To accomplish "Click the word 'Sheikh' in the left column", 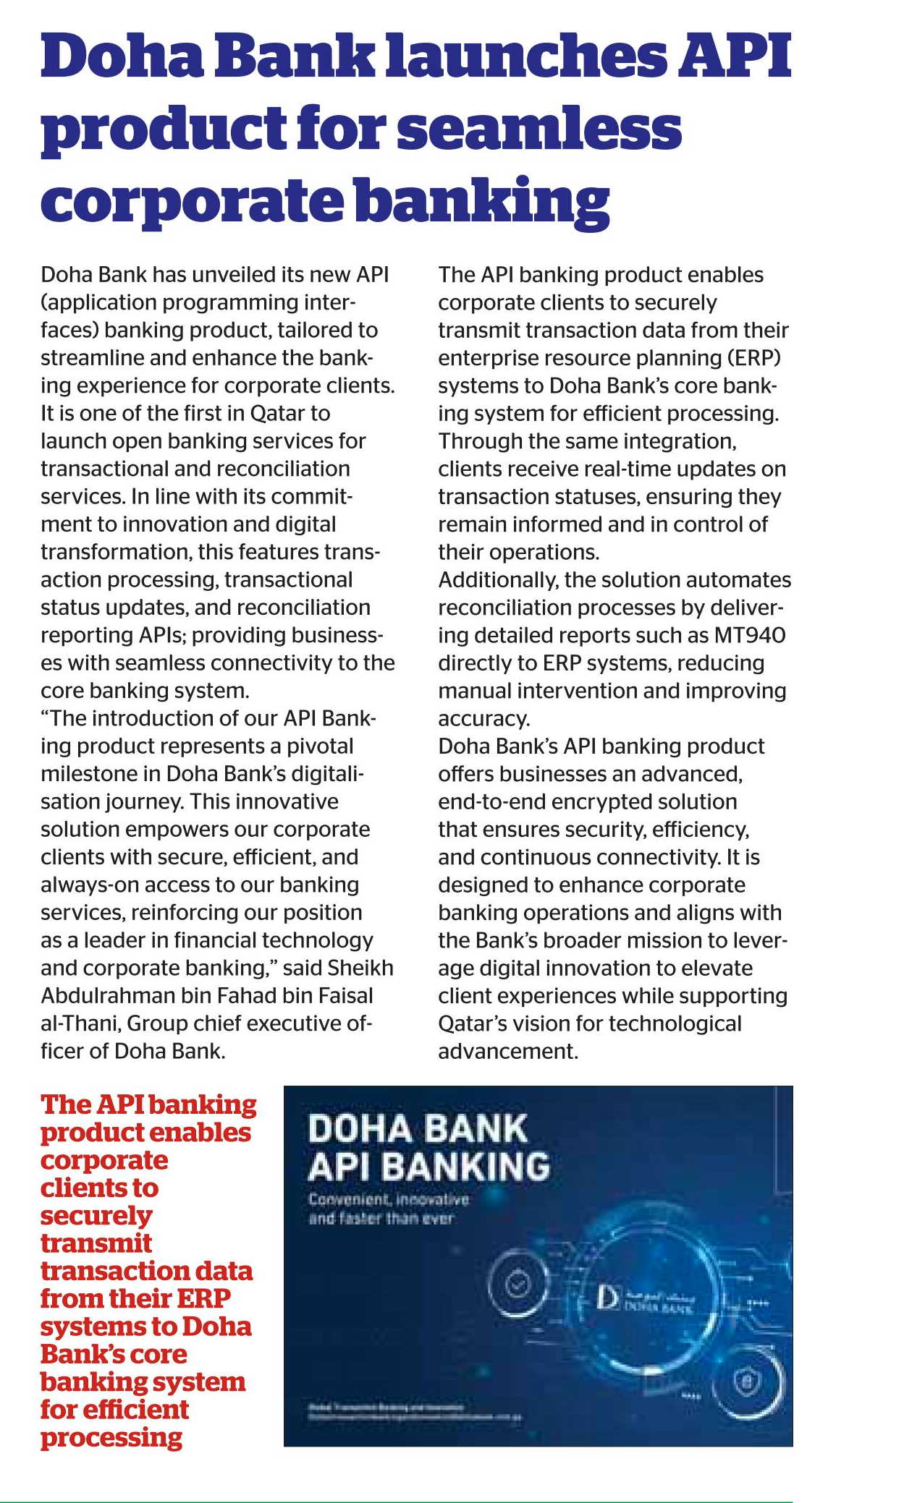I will pos(360,968).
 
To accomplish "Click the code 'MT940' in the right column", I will pos(749,636).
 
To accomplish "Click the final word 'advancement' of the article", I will pos(506,1052).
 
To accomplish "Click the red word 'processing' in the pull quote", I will pos(111,1438).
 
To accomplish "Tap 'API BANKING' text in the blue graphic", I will pos(429,1167).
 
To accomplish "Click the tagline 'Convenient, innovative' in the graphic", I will pos(389,1200).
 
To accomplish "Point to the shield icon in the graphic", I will pos(748,1383).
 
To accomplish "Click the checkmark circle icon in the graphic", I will pos(517,1285).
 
